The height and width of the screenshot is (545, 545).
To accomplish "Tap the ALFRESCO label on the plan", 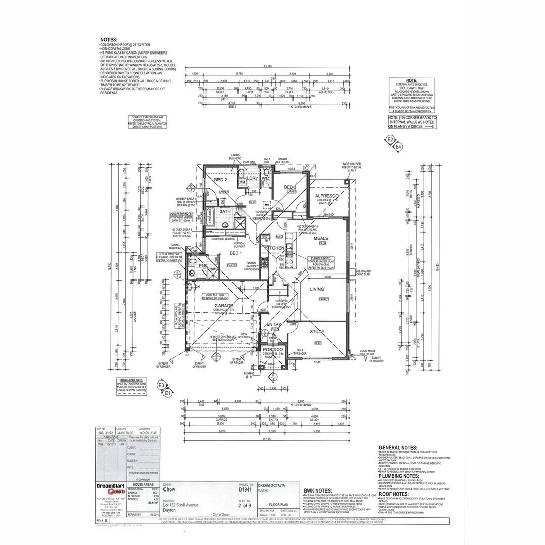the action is tap(326, 196).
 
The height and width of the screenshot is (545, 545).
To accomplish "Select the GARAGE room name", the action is tap(224, 306).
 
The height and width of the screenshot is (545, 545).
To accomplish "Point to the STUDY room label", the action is tap(317, 332).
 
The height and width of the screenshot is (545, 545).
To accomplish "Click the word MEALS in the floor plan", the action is tap(321, 238).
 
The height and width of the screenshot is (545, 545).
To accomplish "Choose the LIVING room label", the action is tap(317, 289).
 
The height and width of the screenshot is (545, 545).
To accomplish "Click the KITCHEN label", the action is tap(275, 248).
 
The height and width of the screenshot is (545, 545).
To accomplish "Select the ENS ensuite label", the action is tap(203, 266).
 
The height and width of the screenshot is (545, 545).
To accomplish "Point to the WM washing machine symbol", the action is tap(242, 182).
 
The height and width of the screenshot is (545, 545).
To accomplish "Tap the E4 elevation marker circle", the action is tap(398, 147).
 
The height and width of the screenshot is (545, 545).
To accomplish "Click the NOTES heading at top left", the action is tap(108, 39).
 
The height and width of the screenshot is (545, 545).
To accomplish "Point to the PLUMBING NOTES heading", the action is tap(399, 476).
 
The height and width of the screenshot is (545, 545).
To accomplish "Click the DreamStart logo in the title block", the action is tap(110, 488).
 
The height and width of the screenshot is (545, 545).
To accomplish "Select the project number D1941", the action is tap(245, 489).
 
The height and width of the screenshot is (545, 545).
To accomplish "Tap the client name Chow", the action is tap(169, 489).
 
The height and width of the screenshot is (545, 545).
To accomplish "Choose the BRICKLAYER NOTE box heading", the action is tap(132, 379).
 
